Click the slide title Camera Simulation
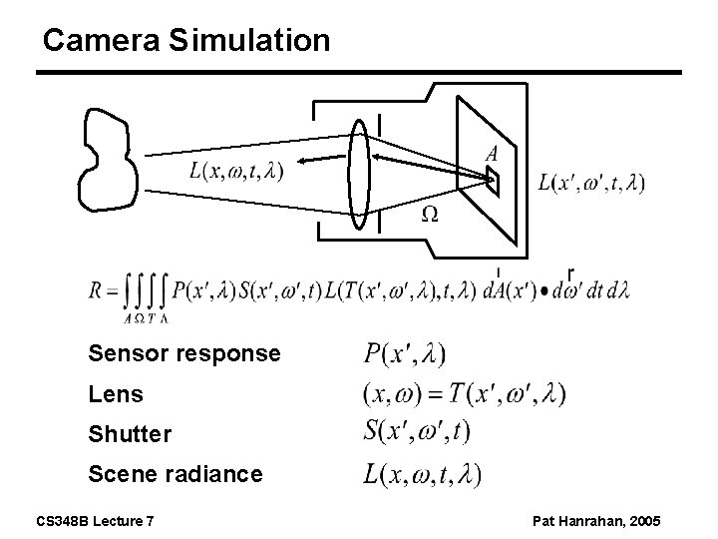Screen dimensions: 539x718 (x=186, y=40)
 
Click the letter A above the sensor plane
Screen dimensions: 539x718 (x=492, y=154)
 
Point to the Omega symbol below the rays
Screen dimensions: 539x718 (x=430, y=214)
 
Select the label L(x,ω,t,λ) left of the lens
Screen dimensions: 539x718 (x=236, y=171)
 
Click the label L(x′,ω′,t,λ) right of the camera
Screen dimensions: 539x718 (x=590, y=183)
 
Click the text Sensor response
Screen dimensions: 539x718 (x=184, y=354)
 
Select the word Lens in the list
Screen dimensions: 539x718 (x=116, y=394)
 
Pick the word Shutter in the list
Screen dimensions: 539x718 (x=130, y=435)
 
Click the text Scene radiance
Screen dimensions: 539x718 (x=176, y=475)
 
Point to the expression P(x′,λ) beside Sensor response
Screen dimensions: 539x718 (x=404, y=354)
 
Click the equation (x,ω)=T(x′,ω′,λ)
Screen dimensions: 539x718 (x=464, y=394)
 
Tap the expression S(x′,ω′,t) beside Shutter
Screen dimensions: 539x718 (x=417, y=433)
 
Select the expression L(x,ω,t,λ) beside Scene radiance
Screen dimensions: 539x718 (x=423, y=475)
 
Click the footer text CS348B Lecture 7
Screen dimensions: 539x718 (x=96, y=522)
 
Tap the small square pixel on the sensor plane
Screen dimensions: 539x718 (x=493, y=180)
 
